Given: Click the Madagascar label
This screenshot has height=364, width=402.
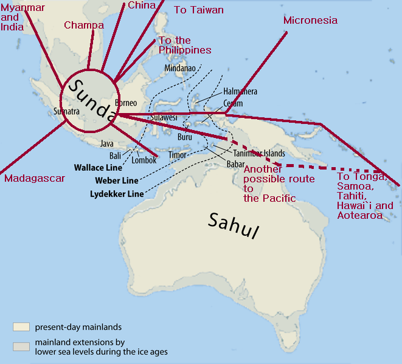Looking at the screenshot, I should tap(34, 179).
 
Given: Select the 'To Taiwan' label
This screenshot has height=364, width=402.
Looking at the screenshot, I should tap(199, 10).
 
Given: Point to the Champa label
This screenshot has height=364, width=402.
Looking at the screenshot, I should tap(84, 26).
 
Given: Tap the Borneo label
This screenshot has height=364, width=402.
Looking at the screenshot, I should tap(126, 103).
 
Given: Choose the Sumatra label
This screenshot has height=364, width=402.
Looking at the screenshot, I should tap(67, 112).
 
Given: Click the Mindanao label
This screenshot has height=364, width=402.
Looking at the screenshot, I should tap(180, 68).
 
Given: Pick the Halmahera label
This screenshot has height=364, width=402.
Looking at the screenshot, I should tap(240, 91).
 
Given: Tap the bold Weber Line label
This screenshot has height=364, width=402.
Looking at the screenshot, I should tap(117, 180).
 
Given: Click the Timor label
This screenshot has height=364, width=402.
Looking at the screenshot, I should tap(178, 155).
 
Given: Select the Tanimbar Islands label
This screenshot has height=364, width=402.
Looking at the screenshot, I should tap(259, 154).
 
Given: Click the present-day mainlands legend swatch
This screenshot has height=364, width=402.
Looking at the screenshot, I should tap(21, 326).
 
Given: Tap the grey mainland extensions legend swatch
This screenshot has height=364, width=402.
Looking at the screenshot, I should tap(21, 346).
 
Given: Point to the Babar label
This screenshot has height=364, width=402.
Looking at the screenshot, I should tap(235, 164).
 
